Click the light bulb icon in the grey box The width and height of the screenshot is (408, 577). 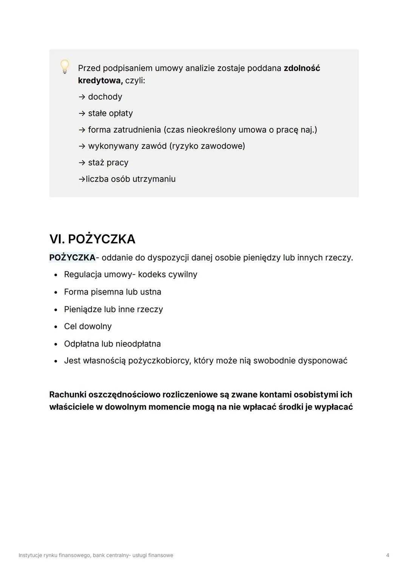tap(65, 67)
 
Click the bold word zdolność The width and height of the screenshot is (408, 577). tap(301, 68)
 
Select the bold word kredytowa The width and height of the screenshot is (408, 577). tap(100, 80)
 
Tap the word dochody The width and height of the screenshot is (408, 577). tap(105, 97)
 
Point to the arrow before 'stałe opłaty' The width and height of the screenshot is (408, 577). tap(82, 113)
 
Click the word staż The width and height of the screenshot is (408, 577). tap(96, 162)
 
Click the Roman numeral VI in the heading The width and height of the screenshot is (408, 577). tap(57, 239)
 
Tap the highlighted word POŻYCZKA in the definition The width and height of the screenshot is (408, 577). tap(72, 258)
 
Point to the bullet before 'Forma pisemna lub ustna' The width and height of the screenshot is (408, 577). tap(56, 292)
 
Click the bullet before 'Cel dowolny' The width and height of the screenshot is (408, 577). tap(56, 326)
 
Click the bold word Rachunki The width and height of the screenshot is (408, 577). tap(67, 394)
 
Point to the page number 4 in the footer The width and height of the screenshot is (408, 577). tap(388, 555)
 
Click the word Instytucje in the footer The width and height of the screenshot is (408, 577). tap(30, 555)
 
